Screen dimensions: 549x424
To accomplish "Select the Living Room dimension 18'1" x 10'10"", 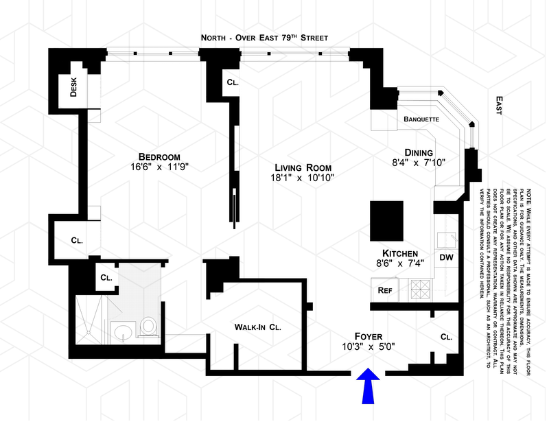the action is pos(303,179).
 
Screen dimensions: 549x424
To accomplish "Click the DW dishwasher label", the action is pos(446,258).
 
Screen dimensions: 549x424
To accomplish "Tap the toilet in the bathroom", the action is pos(148,328).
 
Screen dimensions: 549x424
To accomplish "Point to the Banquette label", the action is pos(421,119).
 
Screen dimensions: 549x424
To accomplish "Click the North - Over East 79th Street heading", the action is pos(264,37).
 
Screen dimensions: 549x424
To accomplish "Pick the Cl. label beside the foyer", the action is pos(446,338).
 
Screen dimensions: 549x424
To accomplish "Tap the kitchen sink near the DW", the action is pos(447,240).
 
